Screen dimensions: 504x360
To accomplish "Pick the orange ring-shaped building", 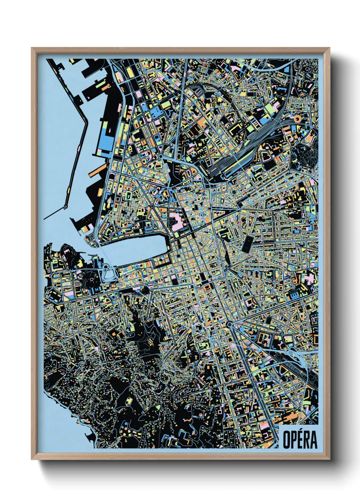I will (x=296, y=119).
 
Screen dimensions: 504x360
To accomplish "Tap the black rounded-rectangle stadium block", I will (x=247, y=244).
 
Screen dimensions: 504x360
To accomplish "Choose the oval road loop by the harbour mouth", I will (x=110, y=272).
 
